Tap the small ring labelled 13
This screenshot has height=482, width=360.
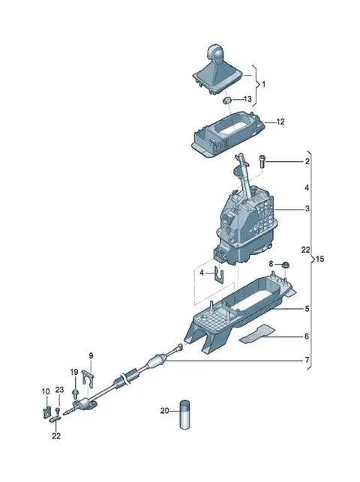point(227,100)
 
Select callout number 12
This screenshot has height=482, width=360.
point(280,121)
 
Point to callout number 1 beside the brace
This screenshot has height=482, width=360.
point(264,84)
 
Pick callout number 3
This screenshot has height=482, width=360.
point(307,208)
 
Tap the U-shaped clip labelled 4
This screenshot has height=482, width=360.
point(218,275)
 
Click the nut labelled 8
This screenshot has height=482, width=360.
point(285,264)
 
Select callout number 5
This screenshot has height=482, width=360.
point(307,308)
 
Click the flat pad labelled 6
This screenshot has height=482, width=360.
point(257,334)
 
